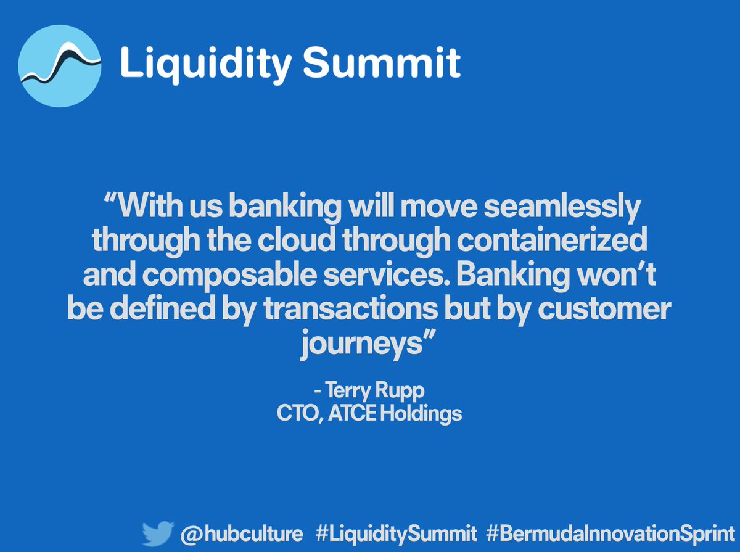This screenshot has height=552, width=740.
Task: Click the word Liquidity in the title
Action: click(x=198, y=64)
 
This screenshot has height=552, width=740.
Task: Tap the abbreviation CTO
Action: click(x=295, y=413)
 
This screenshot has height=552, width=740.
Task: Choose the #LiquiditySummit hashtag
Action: click(x=396, y=533)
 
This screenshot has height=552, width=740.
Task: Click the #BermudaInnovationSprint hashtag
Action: click(x=610, y=533)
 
